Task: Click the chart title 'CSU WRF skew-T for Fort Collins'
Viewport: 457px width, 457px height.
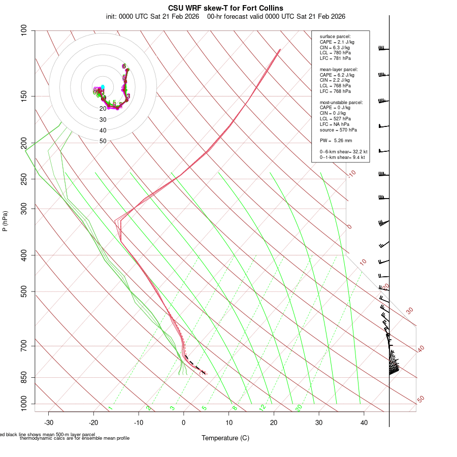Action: (225, 8)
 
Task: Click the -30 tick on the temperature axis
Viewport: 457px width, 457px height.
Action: (49, 422)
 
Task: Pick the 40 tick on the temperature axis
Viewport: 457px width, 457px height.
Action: (364, 422)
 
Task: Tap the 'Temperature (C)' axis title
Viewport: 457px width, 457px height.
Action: (225, 438)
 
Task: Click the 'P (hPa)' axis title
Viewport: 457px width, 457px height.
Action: (5, 221)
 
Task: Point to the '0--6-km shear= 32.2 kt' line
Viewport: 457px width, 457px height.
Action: (343, 152)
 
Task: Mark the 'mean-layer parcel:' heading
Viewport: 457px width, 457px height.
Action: (339, 70)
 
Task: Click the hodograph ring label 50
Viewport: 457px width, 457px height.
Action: (103, 141)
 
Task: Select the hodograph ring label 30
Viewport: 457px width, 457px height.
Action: (103, 120)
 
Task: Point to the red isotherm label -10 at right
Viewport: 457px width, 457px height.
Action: (351, 174)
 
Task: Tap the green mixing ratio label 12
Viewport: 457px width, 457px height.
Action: (262, 408)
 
